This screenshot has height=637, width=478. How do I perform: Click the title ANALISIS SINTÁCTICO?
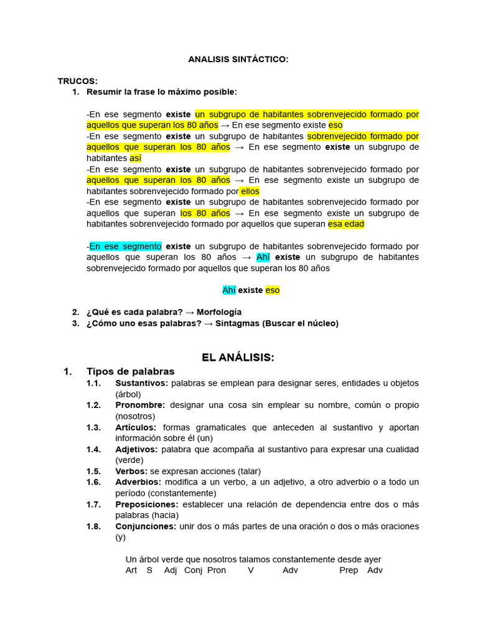[238, 59]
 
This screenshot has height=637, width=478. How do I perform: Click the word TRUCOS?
[78, 81]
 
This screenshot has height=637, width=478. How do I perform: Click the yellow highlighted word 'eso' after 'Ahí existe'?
[273, 290]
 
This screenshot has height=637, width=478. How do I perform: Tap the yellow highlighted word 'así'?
[135, 158]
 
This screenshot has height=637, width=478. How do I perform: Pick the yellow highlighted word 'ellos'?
[250, 191]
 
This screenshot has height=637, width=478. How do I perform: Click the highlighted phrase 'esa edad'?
[346, 224]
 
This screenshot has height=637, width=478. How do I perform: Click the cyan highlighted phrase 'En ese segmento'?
[126, 246]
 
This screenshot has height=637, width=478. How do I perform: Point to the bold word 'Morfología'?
[219, 312]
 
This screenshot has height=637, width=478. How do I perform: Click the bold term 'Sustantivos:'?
[141, 383]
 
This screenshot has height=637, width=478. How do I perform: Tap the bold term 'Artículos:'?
[136, 427]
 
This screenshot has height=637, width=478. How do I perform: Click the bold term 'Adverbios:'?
[138, 481]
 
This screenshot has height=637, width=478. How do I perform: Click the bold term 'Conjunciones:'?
[146, 526]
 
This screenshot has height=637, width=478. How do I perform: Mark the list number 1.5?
[93, 471]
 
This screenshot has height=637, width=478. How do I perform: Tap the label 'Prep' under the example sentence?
[349, 570]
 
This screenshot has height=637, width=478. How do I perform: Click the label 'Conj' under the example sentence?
[194, 570]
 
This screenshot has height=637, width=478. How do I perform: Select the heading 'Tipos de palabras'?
[131, 371]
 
